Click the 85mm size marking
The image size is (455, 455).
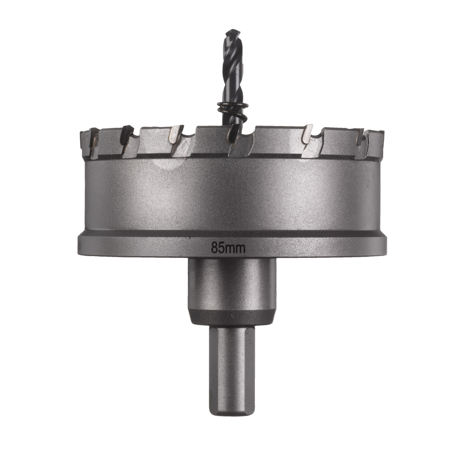click(x=228, y=248)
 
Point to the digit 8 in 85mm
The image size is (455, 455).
click(x=214, y=248)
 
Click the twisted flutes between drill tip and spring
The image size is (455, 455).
click(x=233, y=68)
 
